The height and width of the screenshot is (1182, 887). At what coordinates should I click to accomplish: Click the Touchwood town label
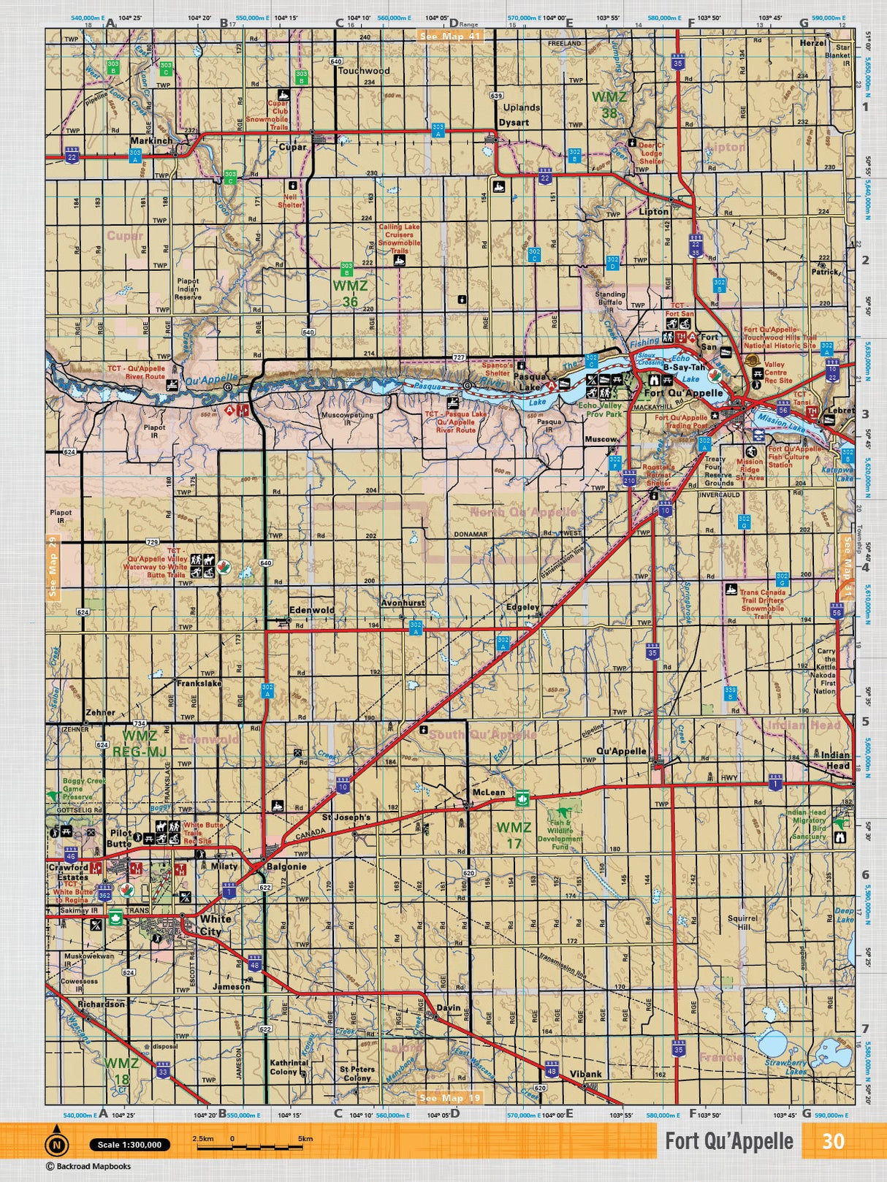pyautogui.click(x=363, y=71)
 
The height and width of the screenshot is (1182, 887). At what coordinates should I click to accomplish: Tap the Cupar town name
pyautogui.click(x=292, y=146)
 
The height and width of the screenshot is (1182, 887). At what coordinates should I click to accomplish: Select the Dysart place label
pyautogui.click(x=514, y=123)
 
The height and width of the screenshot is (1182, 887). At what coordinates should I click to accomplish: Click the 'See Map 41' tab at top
pyautogui.click(x=450, y=36)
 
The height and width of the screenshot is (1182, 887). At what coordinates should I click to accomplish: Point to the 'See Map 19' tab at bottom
pyautogui.click(x=450, y=1097)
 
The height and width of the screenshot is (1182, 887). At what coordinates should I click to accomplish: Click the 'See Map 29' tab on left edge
pyautogui.click(x=52, y=566)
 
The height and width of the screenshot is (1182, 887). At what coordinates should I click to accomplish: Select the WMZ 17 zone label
pyautogui.click(x=514, y=835)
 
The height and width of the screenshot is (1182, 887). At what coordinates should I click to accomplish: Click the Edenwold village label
pyautogui.click(x=312, y=610)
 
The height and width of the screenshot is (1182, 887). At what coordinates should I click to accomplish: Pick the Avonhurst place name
pyautogui.click(x=403, y=603)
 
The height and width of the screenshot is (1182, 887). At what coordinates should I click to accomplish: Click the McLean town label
pyautogui.click(x=488, y=793)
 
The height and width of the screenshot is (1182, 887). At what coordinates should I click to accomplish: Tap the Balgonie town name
pyautogui.click(x=286, y=866)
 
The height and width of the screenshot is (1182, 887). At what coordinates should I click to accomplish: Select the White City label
pyautogui.click(x=215, y=925)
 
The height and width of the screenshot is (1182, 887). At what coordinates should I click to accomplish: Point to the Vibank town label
pyautogui.click(x=585, y=1074)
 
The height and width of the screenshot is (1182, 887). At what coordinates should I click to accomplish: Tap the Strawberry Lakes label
pyautogui.click(x=785, y=1067)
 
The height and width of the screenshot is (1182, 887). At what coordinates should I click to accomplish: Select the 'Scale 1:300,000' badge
pyautogui.click(x=129, y=1145)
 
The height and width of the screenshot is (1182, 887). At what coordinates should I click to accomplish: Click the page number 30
pyautogui.click(x=833, y=1141)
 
